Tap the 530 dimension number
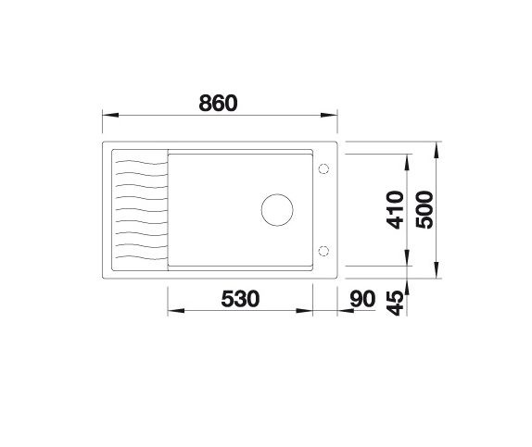240,299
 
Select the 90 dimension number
364,299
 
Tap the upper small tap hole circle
324,168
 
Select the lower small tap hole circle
324,250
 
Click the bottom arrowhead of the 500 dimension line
437,273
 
